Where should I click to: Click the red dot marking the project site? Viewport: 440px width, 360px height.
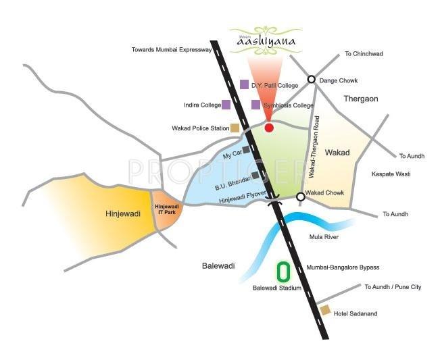coord(269,128)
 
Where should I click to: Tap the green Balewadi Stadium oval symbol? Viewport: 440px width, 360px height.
coord(285,272)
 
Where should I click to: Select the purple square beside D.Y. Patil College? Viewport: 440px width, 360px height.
coord(244,84)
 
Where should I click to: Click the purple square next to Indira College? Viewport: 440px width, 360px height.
coord(226,105)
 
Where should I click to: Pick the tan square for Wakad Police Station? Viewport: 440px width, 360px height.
coord(235,128)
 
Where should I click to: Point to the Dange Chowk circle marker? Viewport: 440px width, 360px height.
coord(312,79)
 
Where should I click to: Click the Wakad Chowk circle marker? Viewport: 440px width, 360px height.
coord(301,197)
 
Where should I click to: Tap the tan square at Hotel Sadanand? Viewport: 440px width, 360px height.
coord(325,310)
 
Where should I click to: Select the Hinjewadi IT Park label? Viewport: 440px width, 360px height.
coord(166,209)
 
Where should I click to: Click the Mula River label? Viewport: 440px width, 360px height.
coord(324,237)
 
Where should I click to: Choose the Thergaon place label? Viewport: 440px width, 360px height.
coord(360,99)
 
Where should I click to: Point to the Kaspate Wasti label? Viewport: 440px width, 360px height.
coord(391,174)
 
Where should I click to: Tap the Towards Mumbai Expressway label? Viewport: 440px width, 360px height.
coord(172,50)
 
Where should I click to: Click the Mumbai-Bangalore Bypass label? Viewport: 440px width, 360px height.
coord(343,267)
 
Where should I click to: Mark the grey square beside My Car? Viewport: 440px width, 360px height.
coord(245,150)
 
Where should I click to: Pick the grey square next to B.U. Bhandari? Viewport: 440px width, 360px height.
coord(255,176)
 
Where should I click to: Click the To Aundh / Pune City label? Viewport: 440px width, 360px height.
coord(393,287)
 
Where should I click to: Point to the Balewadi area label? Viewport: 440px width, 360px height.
coord(218,266)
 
